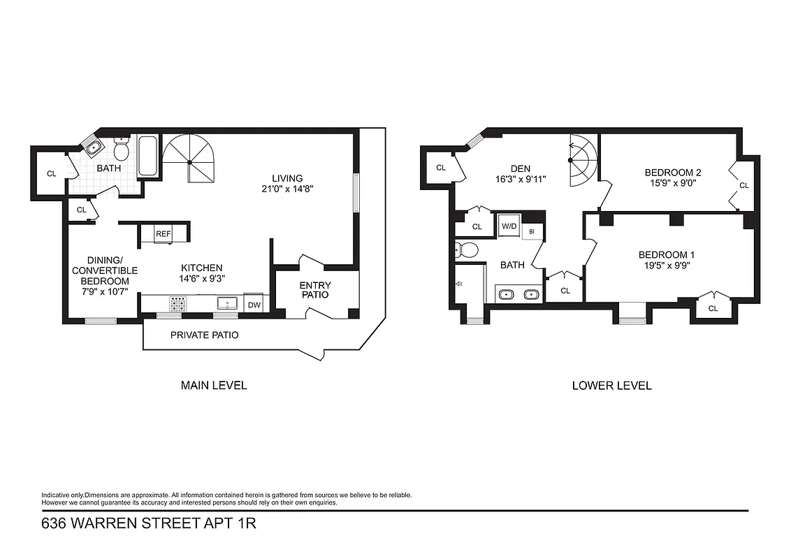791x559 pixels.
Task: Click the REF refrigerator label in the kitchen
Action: point(163,234)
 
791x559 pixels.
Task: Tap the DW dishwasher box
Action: point(254,305)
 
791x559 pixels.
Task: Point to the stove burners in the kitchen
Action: point(177,303)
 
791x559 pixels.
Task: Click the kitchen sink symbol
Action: point(226,303)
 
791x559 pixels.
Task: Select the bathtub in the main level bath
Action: point(148,156)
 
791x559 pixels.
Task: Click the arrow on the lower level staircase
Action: point(573,148)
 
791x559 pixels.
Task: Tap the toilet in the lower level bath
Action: point(467,249)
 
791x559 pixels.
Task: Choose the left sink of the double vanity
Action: point(508,294)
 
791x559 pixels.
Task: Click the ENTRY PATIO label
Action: point(314,290)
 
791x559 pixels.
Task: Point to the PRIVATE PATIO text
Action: point(204,335)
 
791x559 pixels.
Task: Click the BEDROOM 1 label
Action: point(666,254)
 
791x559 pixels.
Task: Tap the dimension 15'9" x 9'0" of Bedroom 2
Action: point(672,183)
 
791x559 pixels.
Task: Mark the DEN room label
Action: point(520,168)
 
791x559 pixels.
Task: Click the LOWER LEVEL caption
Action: point(611,385)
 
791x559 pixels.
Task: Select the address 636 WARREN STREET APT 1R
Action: point(149,523)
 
